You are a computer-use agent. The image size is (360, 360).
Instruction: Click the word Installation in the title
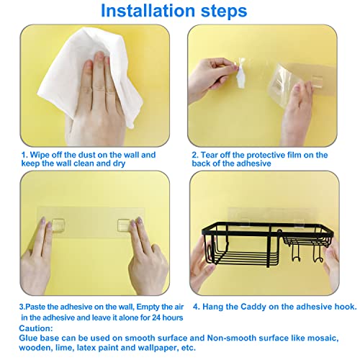[148, 11]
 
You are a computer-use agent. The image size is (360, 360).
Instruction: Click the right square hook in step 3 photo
[124, 225]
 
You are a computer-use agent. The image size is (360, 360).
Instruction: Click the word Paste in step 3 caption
[35, 307]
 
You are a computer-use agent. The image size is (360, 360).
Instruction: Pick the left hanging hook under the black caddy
[295, 253]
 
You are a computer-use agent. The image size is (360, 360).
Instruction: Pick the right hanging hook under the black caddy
[318, 254]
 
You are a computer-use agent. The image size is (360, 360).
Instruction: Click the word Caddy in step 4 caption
[253, 307]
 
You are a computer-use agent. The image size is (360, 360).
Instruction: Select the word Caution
[36, 328]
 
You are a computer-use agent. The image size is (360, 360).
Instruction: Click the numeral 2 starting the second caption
[194, 155]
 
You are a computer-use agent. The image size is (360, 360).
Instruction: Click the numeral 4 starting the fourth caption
[196, 307]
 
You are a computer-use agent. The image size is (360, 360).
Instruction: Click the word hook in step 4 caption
[346, 307]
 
